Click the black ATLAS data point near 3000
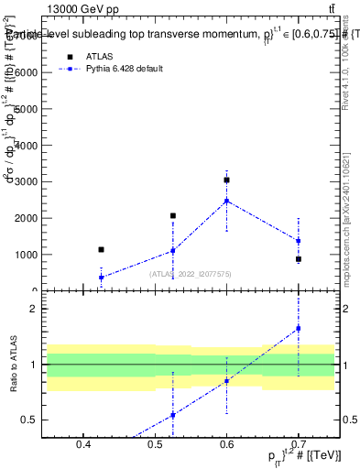[226, 180]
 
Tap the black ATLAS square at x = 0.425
[101, 249]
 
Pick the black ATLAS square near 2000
[172, 216]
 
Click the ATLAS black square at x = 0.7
[298, 259]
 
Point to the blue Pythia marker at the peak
[226, 201]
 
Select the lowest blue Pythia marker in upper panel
[101, 277]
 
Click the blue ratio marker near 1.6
[298, 328]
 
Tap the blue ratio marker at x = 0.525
[172, 415]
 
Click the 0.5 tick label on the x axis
[155, 446]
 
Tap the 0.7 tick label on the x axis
[298, 446]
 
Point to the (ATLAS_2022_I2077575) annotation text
[191, 274]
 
